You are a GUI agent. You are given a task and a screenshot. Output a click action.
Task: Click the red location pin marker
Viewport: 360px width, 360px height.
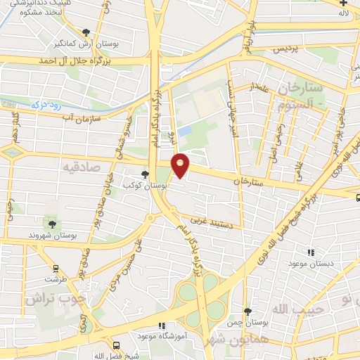[181, 165]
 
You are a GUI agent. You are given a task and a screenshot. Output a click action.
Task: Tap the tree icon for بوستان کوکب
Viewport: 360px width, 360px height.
[145, 174]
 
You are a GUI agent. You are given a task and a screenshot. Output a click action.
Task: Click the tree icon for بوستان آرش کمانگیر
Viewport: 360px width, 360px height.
[86, 32]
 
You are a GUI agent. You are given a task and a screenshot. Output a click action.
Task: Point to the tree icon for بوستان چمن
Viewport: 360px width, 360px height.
[247, 311]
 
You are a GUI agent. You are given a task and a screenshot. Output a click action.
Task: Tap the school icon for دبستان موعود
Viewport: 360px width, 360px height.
[310, 252]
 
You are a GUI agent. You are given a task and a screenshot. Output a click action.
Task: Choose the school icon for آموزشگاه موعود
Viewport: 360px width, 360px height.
[162, 326]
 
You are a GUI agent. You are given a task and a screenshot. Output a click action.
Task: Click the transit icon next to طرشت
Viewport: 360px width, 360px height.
[56, 268]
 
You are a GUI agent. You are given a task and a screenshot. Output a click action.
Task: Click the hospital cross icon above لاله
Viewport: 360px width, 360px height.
[343, 3]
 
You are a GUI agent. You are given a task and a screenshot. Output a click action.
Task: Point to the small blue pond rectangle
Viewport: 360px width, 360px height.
[185, 131]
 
